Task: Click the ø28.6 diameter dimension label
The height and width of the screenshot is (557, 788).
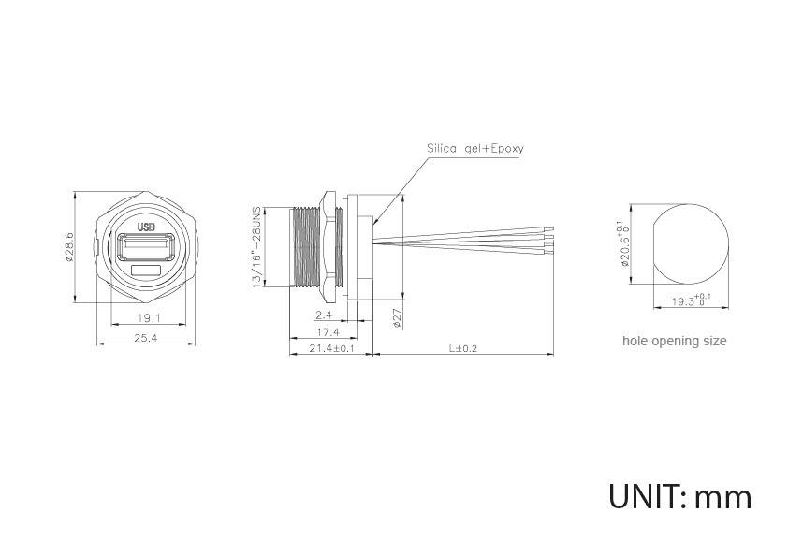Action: click(x=69, y=247)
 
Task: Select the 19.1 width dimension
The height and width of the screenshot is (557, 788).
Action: click(x=146, y=318)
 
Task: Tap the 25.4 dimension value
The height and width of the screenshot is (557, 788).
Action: click(x=146, y=338)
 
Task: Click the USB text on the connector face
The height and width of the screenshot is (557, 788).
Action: click(x=146, y=227)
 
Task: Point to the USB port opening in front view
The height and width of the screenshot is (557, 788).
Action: click(x=146, y=248)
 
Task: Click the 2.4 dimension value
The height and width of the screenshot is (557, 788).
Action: click(x=325, y=315)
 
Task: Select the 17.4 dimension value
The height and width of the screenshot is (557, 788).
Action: click(x=328, y=332)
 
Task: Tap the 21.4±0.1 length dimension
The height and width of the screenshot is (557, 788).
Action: click(x=331, y=348)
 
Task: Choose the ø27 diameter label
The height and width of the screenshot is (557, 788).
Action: click(x=397, y=318)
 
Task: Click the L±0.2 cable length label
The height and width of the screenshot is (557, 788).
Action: click(x=462, y=348)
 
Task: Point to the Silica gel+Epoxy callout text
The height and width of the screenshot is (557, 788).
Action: click(x=475, y=148)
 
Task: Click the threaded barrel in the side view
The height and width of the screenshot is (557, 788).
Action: click(x=305, y=247)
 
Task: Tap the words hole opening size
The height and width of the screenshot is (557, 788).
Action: click(x=674, y=341)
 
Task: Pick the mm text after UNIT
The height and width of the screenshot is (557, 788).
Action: click(x=723, y=496)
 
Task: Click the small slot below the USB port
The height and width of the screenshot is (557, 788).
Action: click(x=146, y=271)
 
